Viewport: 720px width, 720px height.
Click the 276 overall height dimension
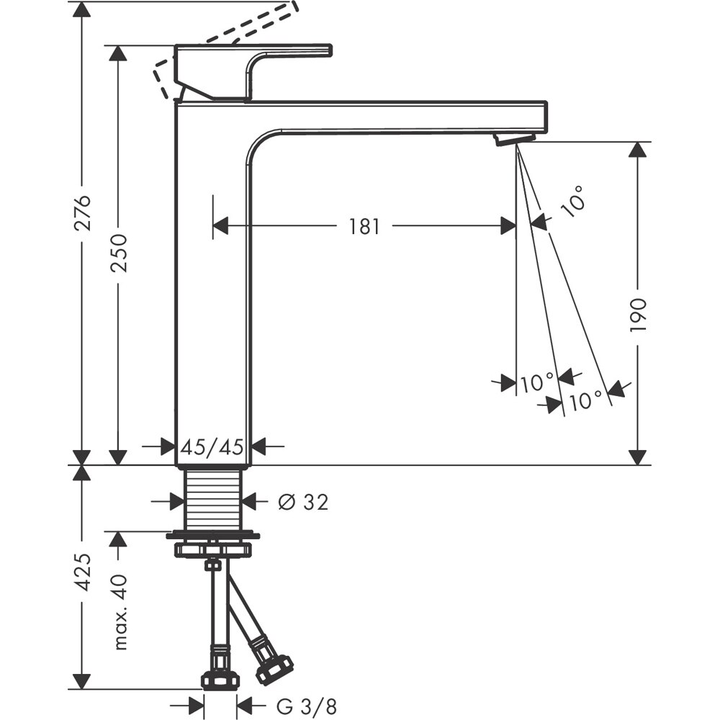[84, 212]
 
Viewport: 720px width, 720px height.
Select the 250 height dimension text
[119, 252]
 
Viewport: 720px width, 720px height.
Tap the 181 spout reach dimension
[364, 226]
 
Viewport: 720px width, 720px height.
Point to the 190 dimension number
[638, 314]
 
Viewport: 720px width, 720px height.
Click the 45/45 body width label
[212, 447]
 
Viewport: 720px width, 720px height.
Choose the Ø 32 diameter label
[303, 502]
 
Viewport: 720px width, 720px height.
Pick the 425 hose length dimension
[84, 572]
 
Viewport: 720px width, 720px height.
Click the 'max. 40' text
[120, 611]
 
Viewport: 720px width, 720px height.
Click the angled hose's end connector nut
[274, 669]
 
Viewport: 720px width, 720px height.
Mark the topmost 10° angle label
[572, 199]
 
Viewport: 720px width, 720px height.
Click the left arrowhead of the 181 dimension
[220, 226]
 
